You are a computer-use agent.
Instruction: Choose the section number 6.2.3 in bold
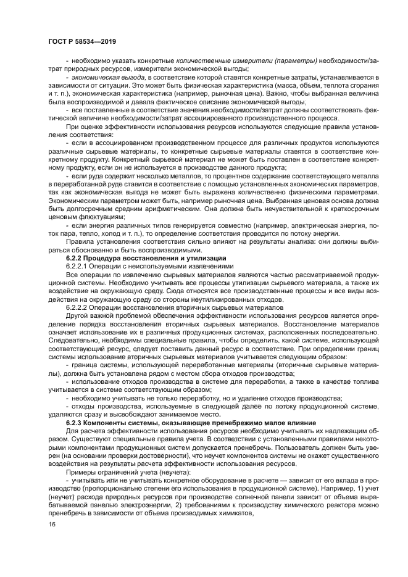pos(74,421)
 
